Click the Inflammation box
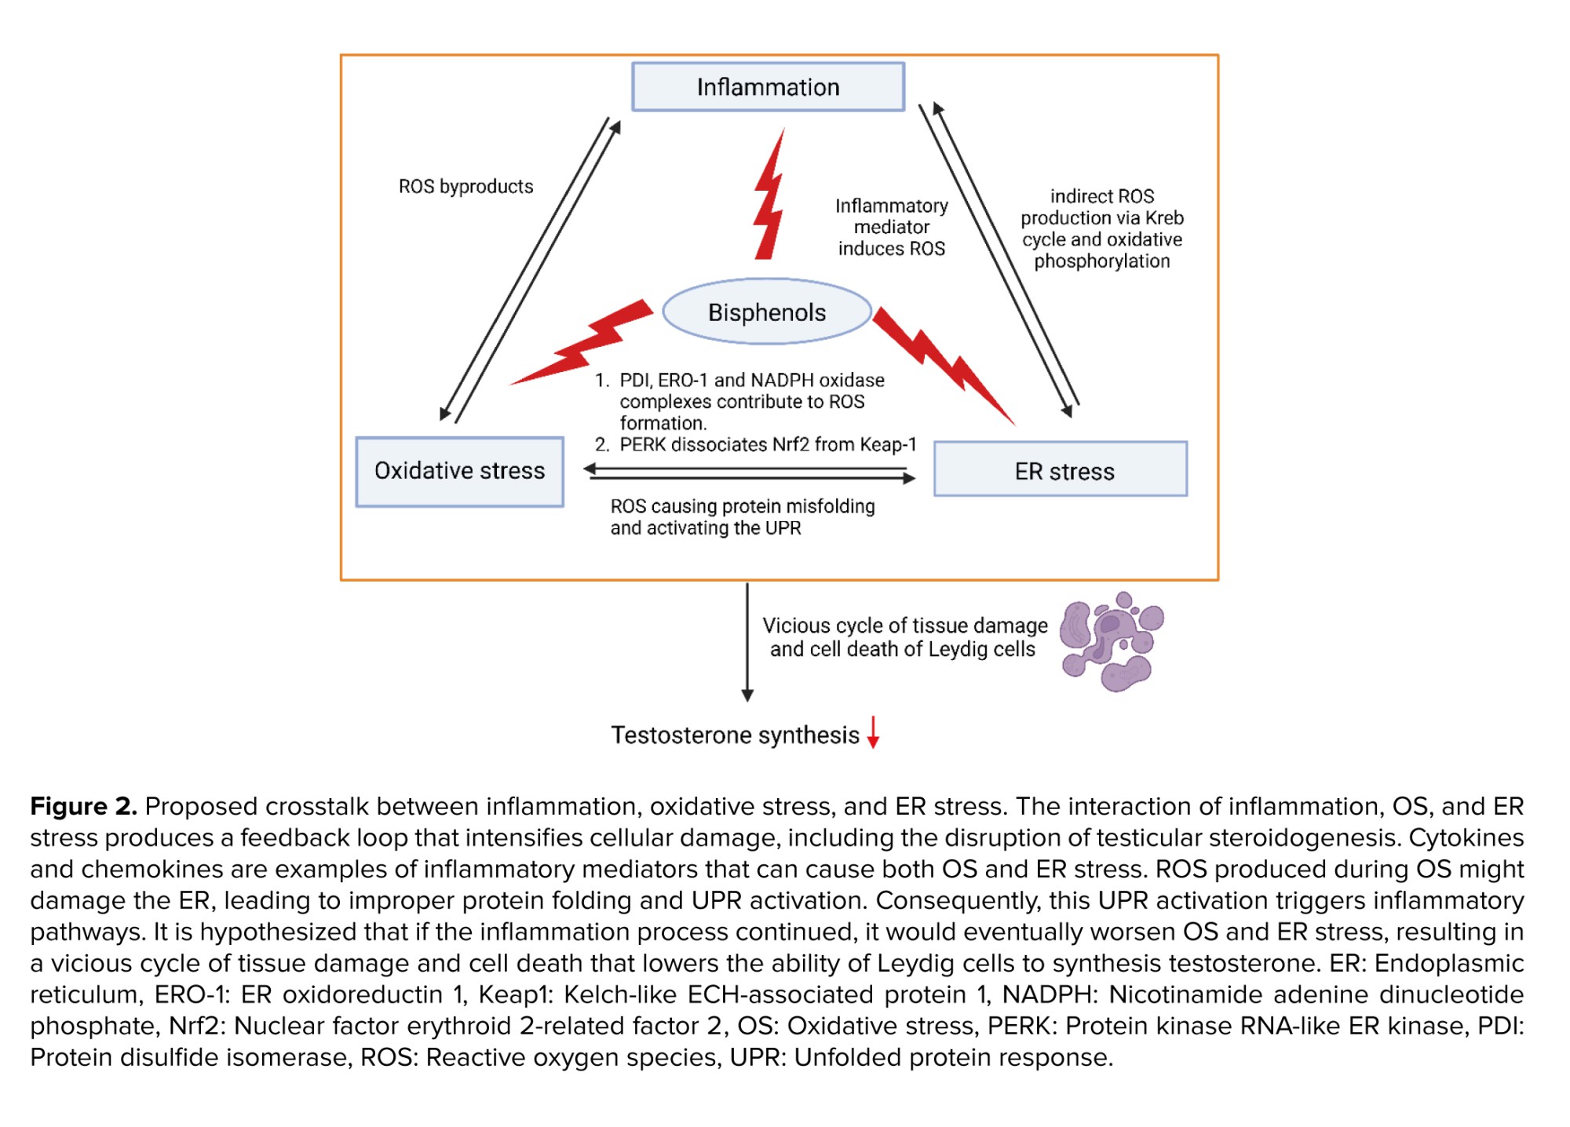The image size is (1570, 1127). pyautogui.click(x=768, y=87)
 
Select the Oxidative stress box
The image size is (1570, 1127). pyautogui.click(x=459, y=471)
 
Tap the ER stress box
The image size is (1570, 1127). pyautogui.click(x=1061, y=470)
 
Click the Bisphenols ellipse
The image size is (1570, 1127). pyautogui.click(x=767, y=312)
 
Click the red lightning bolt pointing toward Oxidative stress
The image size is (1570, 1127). pyautogui.click(x=585, y=344)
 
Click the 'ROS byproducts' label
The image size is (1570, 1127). pyautogui.click(x=466, y=187)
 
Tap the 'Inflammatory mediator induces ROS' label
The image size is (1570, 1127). pyautogui.click(x=891, y=228)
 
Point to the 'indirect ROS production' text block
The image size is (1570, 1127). pyautogui.click(x=1101, y=228)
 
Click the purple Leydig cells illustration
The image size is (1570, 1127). pyautogui.click(x=1111, y=641)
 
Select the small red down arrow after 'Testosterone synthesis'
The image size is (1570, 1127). pyautogui.click(x=873, y=732)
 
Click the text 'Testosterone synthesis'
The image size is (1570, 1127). pyautogui.click(x=735, y=735)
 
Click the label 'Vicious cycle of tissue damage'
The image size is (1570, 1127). pyautogui.click(x=904, y=626)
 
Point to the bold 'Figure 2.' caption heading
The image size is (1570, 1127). pyautogui.click(x=83, y=806)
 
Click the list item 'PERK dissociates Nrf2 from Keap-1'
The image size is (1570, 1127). pyautogui.click(x=767, y=445)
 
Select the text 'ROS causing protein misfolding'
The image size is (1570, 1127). pyautogui.click(x=742, y=507)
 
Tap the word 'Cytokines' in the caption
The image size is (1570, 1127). pyautogui.click(x=1466, y=837)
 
